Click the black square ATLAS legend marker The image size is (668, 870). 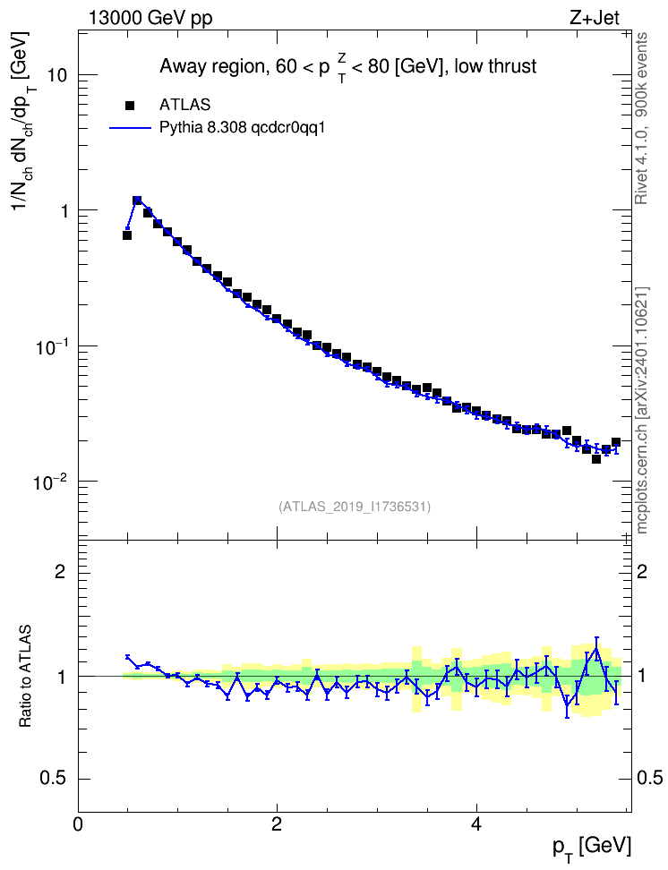tap(130, 105)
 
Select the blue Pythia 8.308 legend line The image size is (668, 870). tap(131, 128)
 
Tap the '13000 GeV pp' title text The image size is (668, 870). tap(150, 18)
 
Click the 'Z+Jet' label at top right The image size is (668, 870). tap(595, 18)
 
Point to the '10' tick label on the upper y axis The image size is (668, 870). tap(56, 75)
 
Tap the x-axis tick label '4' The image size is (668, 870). tap(475, 823)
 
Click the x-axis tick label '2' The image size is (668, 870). tap(277, 823)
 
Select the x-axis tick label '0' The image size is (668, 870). tap(78, 823)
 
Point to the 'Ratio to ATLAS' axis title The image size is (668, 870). tap(25, 676)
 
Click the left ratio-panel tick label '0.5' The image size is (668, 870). tap(53, 779)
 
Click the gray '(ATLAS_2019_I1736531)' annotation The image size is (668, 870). tap(355, 506)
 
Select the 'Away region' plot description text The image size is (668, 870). tap(348, 67)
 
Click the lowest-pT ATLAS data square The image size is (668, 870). tap(127, 235)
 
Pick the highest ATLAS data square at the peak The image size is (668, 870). tap(137, 200)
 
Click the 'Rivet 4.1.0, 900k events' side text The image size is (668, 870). tap(641, 118)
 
